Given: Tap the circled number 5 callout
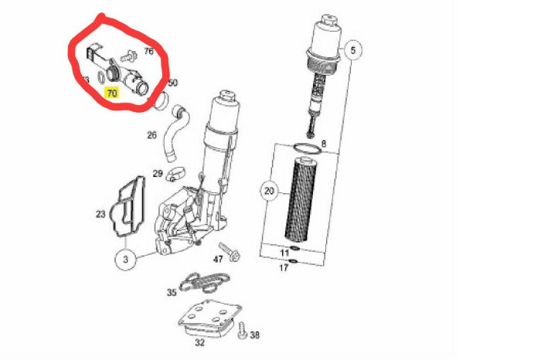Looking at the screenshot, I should [354, 53].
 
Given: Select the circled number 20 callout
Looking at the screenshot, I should [269, 190].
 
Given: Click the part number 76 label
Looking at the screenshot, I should [149, 52].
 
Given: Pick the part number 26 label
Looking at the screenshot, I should [151, 135].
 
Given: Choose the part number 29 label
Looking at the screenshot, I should [157, 173].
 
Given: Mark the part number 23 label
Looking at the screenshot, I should [100, 214].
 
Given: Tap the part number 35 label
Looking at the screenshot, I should [172, 293].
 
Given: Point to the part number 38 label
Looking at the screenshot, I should [255, 335].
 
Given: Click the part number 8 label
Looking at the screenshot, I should [324, 144].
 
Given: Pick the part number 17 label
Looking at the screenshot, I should [284, 268].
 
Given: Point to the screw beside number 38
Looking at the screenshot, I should [241, 330].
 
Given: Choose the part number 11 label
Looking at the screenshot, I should [284, 253].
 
